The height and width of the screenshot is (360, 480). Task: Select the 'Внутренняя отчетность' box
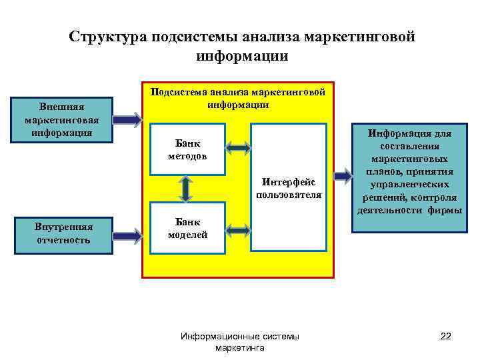pyautogui.click(x=63, y=233)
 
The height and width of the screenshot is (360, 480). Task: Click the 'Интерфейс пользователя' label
pyautogui.click(x=289, y=188)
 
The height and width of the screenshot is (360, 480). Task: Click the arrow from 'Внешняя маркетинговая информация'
pyautogui.click(x=127, y=121)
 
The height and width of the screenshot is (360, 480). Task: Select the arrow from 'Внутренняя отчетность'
pyautogui.click(x=127, y=234)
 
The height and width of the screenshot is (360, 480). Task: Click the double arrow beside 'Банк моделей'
pyautogui.click(x=237, y=230)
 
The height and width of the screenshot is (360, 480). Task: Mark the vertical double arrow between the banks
pyautogui.click(x=186, y=189)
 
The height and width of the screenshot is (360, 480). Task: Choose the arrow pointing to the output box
pyautogui.click(x=343, y=176)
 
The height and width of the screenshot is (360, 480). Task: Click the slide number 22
pyautogui.click(x=446, y=337)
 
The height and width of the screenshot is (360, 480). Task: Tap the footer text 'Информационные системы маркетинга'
pyautogui.click(x=240, y=342)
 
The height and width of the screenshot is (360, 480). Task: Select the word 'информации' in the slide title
pyautogui.click(x=242, y=57)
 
